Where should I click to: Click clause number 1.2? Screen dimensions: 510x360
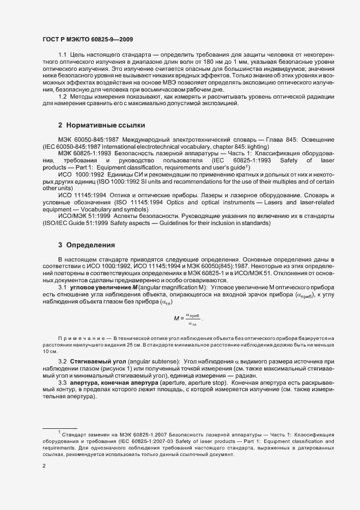(x=62, y=96)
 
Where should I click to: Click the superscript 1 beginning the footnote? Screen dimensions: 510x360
(x=58, y=433)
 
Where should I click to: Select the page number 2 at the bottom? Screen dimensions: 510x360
(x=44, y=466)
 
